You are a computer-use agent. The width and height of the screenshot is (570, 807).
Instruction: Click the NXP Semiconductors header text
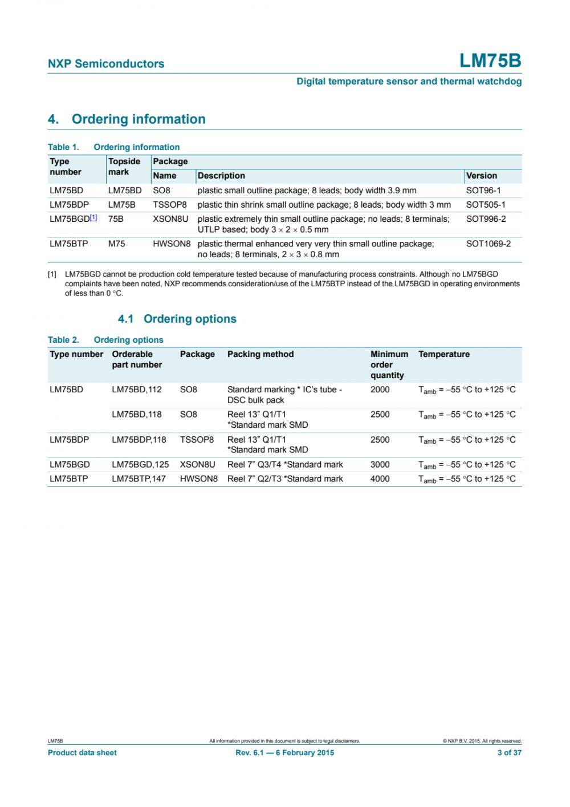click(106, 64)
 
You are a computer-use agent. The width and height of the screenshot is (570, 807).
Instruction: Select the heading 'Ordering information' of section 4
click(139, 119)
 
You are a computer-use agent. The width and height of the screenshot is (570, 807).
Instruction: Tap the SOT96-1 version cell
click(483, 190)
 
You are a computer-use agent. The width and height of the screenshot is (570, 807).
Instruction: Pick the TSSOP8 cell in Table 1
click(170, 205)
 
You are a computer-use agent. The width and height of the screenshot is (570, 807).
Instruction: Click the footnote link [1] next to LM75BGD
click(94, 217)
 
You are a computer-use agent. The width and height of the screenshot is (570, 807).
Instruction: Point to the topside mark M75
click(116, 244)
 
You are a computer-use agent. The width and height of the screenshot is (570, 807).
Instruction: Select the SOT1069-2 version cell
click(488, 244)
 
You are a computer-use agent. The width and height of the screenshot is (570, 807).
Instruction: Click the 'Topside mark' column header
click(124, 167)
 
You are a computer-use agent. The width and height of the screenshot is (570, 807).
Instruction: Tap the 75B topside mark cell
click(116, 219)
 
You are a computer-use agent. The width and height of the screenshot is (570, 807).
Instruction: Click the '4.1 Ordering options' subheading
click(177, 319)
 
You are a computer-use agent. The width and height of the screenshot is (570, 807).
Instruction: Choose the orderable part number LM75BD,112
click(137, 390)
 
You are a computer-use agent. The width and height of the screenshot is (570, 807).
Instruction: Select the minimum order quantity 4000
click(380, 479)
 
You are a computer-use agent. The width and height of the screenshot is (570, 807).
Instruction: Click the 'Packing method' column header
click(260, 354)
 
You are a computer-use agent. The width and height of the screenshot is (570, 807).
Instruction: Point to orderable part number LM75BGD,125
click(140, 465)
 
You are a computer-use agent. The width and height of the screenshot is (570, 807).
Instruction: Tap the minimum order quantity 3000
click(380, 465)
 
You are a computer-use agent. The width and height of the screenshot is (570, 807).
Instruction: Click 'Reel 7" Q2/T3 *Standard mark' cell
click(285, 479)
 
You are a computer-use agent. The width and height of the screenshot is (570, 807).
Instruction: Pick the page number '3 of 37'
click(509, 753)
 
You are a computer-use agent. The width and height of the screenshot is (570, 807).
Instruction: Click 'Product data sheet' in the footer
click(82, 753)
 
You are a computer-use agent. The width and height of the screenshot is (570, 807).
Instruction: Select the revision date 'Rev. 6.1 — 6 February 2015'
click(284, 753)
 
